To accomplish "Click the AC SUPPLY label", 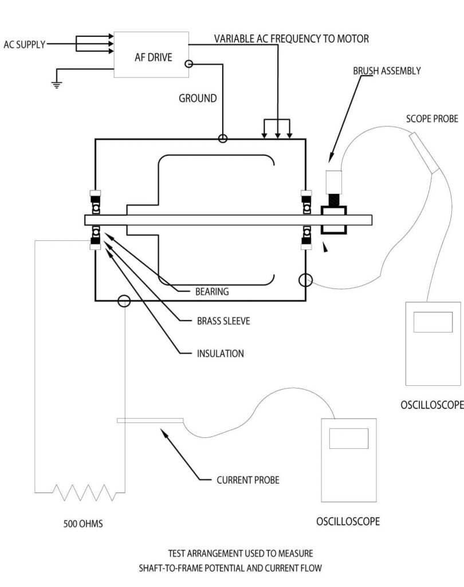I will (24, 44).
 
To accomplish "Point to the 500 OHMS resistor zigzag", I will (81, 492).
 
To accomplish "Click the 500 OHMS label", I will (83, 523).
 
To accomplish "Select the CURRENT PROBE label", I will (248, 480).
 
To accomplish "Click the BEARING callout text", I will (212, 291).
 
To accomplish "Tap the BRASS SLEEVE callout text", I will (223, 321).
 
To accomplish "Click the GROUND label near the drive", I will (198, 98).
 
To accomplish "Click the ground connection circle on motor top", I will (222, 138).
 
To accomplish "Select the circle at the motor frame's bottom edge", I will (123, 301).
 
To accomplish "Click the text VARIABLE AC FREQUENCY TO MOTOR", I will (292, 39).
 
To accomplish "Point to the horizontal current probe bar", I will (150, 421).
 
